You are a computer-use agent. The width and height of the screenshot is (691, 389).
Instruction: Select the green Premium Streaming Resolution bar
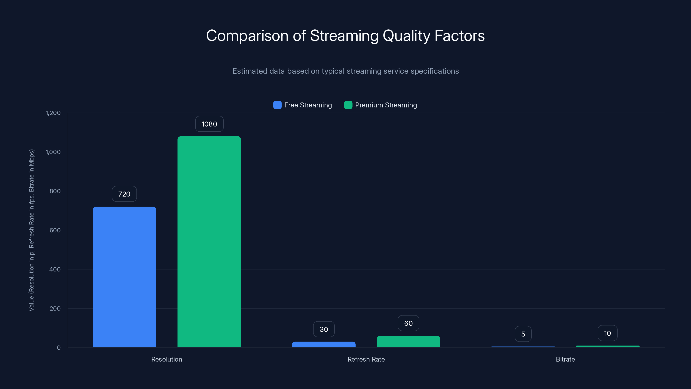(x=209, y=242)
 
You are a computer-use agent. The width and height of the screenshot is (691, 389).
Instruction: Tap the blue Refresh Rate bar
(x=323, y=344)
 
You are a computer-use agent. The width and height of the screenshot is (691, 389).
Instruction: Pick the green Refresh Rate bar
(x=408, y=341)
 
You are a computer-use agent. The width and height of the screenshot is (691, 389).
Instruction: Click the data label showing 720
(x=124, y=194)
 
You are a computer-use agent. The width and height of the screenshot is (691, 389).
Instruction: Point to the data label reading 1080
(x=209, y=124)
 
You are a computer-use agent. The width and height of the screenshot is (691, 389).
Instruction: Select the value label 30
(x=324, y=329)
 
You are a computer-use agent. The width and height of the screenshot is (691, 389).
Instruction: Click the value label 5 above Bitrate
(x=523, y=334)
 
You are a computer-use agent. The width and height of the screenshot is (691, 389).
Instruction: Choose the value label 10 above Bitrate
(x=607, y=333)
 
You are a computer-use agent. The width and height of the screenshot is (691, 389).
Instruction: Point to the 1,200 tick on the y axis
(x=53, y=113)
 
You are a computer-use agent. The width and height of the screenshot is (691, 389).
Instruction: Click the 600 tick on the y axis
(x=55, y=230)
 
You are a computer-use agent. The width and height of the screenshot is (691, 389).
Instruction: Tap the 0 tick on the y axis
(x=59, y=347)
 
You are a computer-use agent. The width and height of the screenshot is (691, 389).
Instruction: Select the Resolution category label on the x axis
(x=166, y=359)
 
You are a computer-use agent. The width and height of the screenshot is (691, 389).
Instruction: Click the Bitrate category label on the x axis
(x=565, y=359)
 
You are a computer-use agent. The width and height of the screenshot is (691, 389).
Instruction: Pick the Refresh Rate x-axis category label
(x=366, y=359)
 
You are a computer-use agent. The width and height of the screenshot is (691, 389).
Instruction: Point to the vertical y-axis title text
(x=31, y=230)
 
